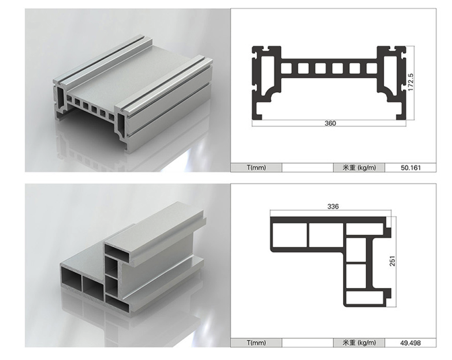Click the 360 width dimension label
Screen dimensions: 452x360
tap(330, 123)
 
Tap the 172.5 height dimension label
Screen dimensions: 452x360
tap(410, 83)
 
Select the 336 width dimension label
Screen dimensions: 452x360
tap(333, 207)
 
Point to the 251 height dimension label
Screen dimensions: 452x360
tap(392, 261)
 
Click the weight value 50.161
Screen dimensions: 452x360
tap(411, 168)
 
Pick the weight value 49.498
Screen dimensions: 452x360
tap(410, 343)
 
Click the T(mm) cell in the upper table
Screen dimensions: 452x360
tap(256, 168)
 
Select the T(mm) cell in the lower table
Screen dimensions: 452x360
tap(256, 343)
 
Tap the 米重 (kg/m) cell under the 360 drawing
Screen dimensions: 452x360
tap(359, 168)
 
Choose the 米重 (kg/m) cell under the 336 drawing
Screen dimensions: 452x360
tap(359, 343)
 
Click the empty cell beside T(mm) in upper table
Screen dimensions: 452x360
tap(307, 168)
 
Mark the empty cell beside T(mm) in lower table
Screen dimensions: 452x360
tap(307, 343)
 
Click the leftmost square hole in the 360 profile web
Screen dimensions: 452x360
tap(286, 69)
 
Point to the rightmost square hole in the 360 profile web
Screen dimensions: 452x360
tap(371, 69)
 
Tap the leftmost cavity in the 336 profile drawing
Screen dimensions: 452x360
tap(290, 235)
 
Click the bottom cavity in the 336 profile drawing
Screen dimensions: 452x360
tap(365, 298)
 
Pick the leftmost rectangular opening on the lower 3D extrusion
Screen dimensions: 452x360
tap(71, 279)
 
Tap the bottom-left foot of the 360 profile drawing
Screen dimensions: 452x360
tap(257, 117)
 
